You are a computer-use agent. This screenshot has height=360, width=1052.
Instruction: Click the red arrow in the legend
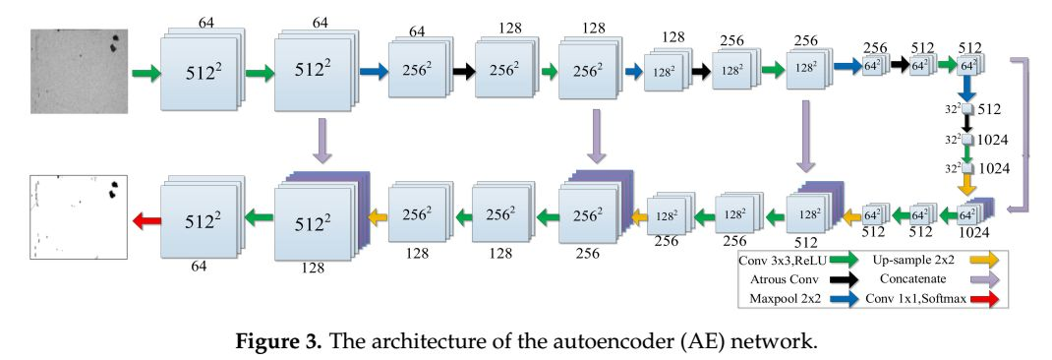click(x=984, y=300)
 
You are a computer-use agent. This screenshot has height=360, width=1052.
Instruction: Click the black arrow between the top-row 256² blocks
click(x=460, y=71)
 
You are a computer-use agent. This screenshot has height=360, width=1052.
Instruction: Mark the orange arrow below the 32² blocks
click(x=967, y=182)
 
